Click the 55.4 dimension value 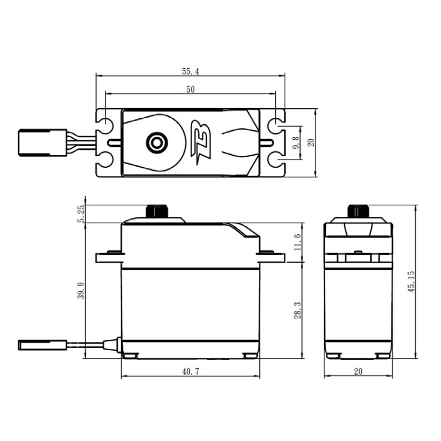[190, 71]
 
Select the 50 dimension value [190, 89]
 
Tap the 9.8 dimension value [296, 143]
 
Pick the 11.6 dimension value [298, 242]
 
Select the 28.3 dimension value [298, 310]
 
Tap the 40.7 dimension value [190, 372]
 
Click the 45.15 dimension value [411, 281]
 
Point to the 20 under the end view [358, 372]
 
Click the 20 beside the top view [311, 143]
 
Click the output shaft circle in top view [156, 143]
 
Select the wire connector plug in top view [42, 143]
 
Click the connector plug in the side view [42, 345]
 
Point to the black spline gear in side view [157, 211]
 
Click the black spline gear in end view [358, 211]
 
